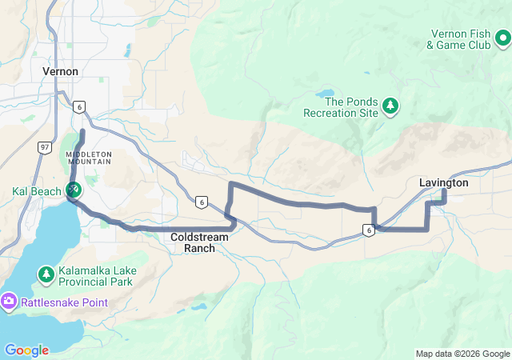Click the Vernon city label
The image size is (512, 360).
click(60, 71)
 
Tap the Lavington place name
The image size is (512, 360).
click(443, 183)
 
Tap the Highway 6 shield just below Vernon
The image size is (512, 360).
click(78, 106)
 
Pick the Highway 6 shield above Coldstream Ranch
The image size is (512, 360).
click(200, 202)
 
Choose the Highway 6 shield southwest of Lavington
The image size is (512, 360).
click(368, 230)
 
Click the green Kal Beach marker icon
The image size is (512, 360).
click(73, 190)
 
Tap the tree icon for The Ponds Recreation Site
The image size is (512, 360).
click(390, 105)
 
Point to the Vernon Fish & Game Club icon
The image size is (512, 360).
click(502, 38)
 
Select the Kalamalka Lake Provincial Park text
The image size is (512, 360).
click(95, 276)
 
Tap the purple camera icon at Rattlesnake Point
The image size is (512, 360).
click(9, 301)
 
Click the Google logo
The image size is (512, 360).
click(26, 350)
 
